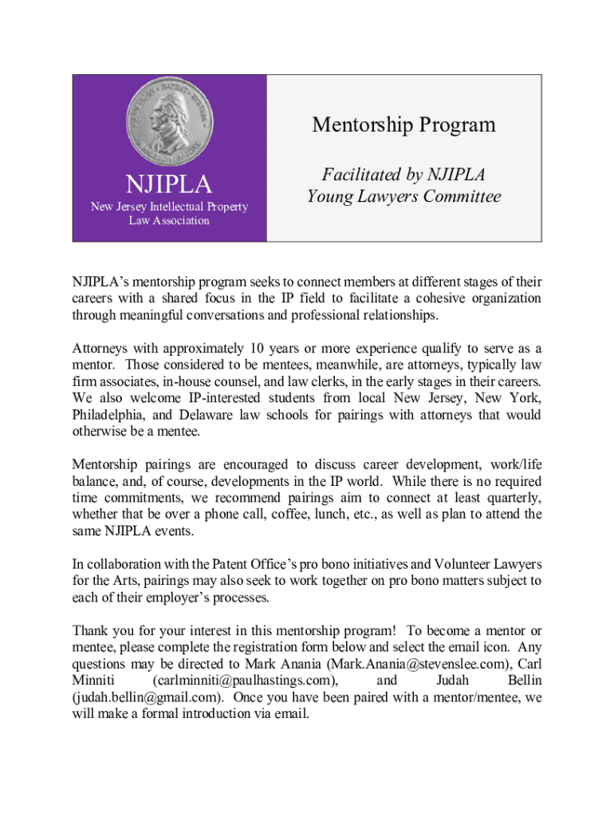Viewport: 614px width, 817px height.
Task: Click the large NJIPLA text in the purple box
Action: [x=169, y=185]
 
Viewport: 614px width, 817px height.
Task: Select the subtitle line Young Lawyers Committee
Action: [x=403, y=196]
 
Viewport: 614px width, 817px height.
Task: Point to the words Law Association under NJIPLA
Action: [x=169, y=220]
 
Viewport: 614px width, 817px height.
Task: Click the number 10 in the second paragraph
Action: [x=257, y=349]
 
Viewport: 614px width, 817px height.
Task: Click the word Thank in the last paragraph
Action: [x=90, y=630]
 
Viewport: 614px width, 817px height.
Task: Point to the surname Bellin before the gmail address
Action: [x=524, y=680]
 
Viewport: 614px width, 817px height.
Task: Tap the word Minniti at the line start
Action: [x=94, y=680]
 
